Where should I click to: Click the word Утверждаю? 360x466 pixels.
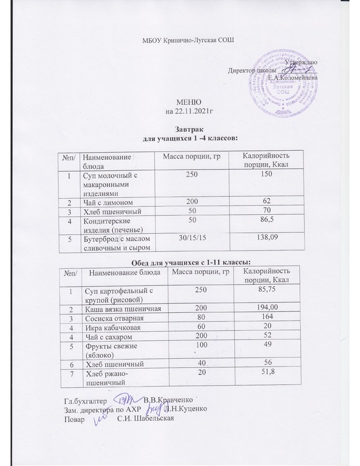click(301, 62)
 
